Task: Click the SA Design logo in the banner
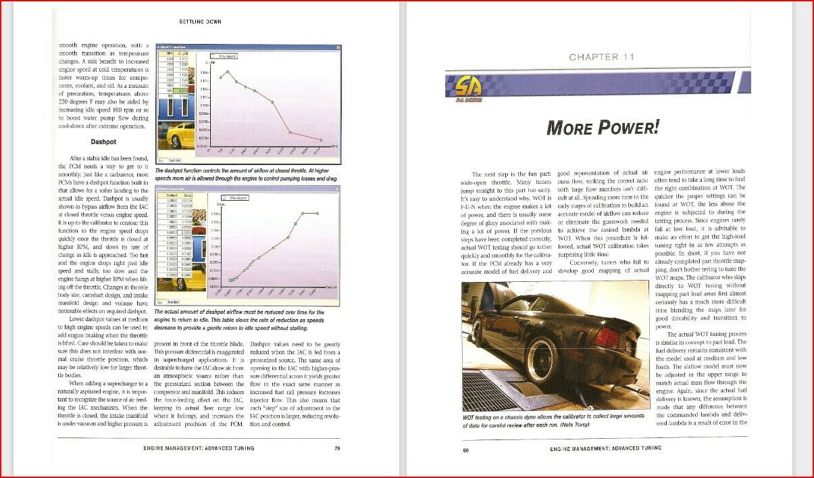point(462,87)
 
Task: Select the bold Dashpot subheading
point(104,142)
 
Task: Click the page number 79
point(336,448)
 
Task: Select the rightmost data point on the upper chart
point(321,140)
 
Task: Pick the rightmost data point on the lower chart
point(317,213)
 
